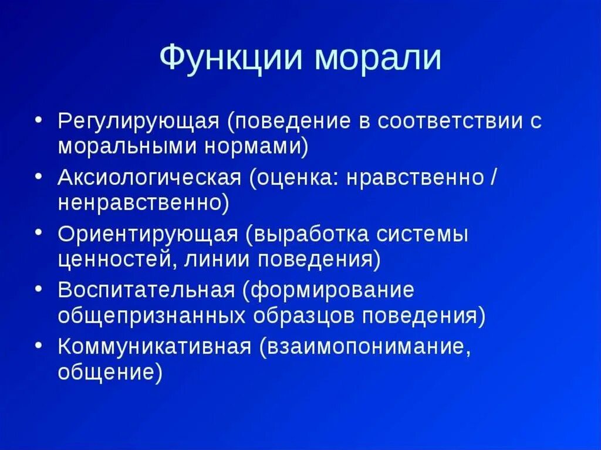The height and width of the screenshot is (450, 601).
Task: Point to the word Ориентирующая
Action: coord(147,234)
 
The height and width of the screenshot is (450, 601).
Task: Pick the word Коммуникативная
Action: coord(155,346)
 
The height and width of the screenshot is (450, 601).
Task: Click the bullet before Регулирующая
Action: coord(38,119)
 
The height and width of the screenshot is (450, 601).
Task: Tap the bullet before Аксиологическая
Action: coord(38,175)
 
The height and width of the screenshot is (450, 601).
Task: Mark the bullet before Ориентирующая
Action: coord(38,231)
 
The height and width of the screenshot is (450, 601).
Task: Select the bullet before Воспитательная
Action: coord(38,287)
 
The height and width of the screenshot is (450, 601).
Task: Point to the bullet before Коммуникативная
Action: coord(38,343)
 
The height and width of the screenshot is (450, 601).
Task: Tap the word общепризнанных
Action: coord(151,316)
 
